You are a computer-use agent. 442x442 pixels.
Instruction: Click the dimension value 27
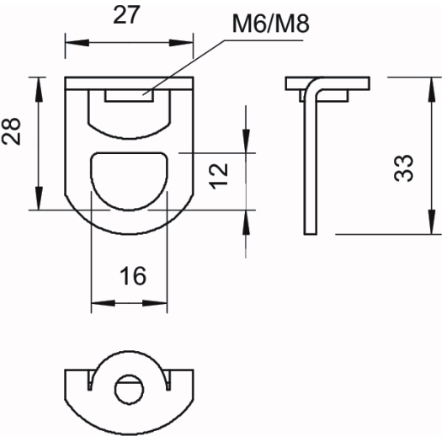(x=126, y=14)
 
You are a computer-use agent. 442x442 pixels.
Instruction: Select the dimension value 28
(x=11, y=131)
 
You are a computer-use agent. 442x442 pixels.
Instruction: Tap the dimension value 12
(x=218, y=176)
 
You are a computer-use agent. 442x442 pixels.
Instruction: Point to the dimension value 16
(x=133, y=275)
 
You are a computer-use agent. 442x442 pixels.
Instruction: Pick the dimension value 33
(x=403, y=168)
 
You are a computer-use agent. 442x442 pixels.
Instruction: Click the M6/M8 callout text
(x=271, y=24)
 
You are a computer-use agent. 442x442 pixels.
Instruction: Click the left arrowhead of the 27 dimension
(x=77, y=43)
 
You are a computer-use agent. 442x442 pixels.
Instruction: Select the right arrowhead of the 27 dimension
(x=181, y=43)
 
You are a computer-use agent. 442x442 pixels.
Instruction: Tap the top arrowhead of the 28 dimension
(x=39, y=89)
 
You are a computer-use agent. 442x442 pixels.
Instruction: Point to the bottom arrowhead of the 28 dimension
(x=39, y=198)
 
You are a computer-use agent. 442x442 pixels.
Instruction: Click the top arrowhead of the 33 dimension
(x=432, y=89)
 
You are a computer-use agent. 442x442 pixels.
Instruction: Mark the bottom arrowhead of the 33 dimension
(x=432, y=222)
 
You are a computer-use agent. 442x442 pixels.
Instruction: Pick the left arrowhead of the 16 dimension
(x=104, y=303)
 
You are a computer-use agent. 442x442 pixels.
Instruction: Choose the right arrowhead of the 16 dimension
(x=155, y=303)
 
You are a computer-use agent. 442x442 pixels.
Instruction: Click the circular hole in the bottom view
(x=130, y=390)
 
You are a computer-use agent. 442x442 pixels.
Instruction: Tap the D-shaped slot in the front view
(x=130, y=181)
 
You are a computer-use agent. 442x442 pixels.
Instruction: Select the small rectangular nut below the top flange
(x=130, y=96)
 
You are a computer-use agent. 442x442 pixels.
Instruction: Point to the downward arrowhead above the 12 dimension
(x=246, y=141)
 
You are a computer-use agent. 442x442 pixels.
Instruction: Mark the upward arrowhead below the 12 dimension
(x=246, y=222)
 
